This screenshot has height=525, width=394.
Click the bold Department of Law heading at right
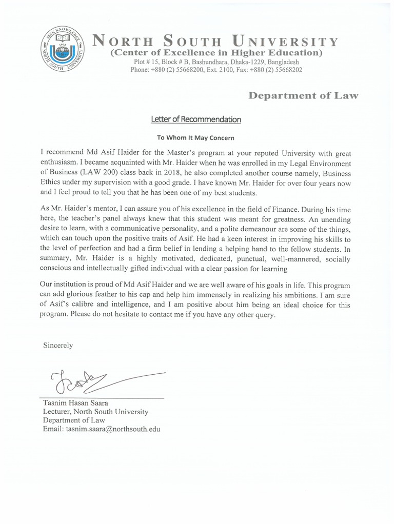pyautogui.click(x=303, y=95)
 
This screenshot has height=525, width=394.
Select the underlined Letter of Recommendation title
pyautogui.click(x=195, y=119)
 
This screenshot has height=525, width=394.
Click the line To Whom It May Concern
pyautogui.click(x=196, y=137)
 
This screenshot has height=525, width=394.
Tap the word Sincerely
pyautogui.click(x=58, y=346)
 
